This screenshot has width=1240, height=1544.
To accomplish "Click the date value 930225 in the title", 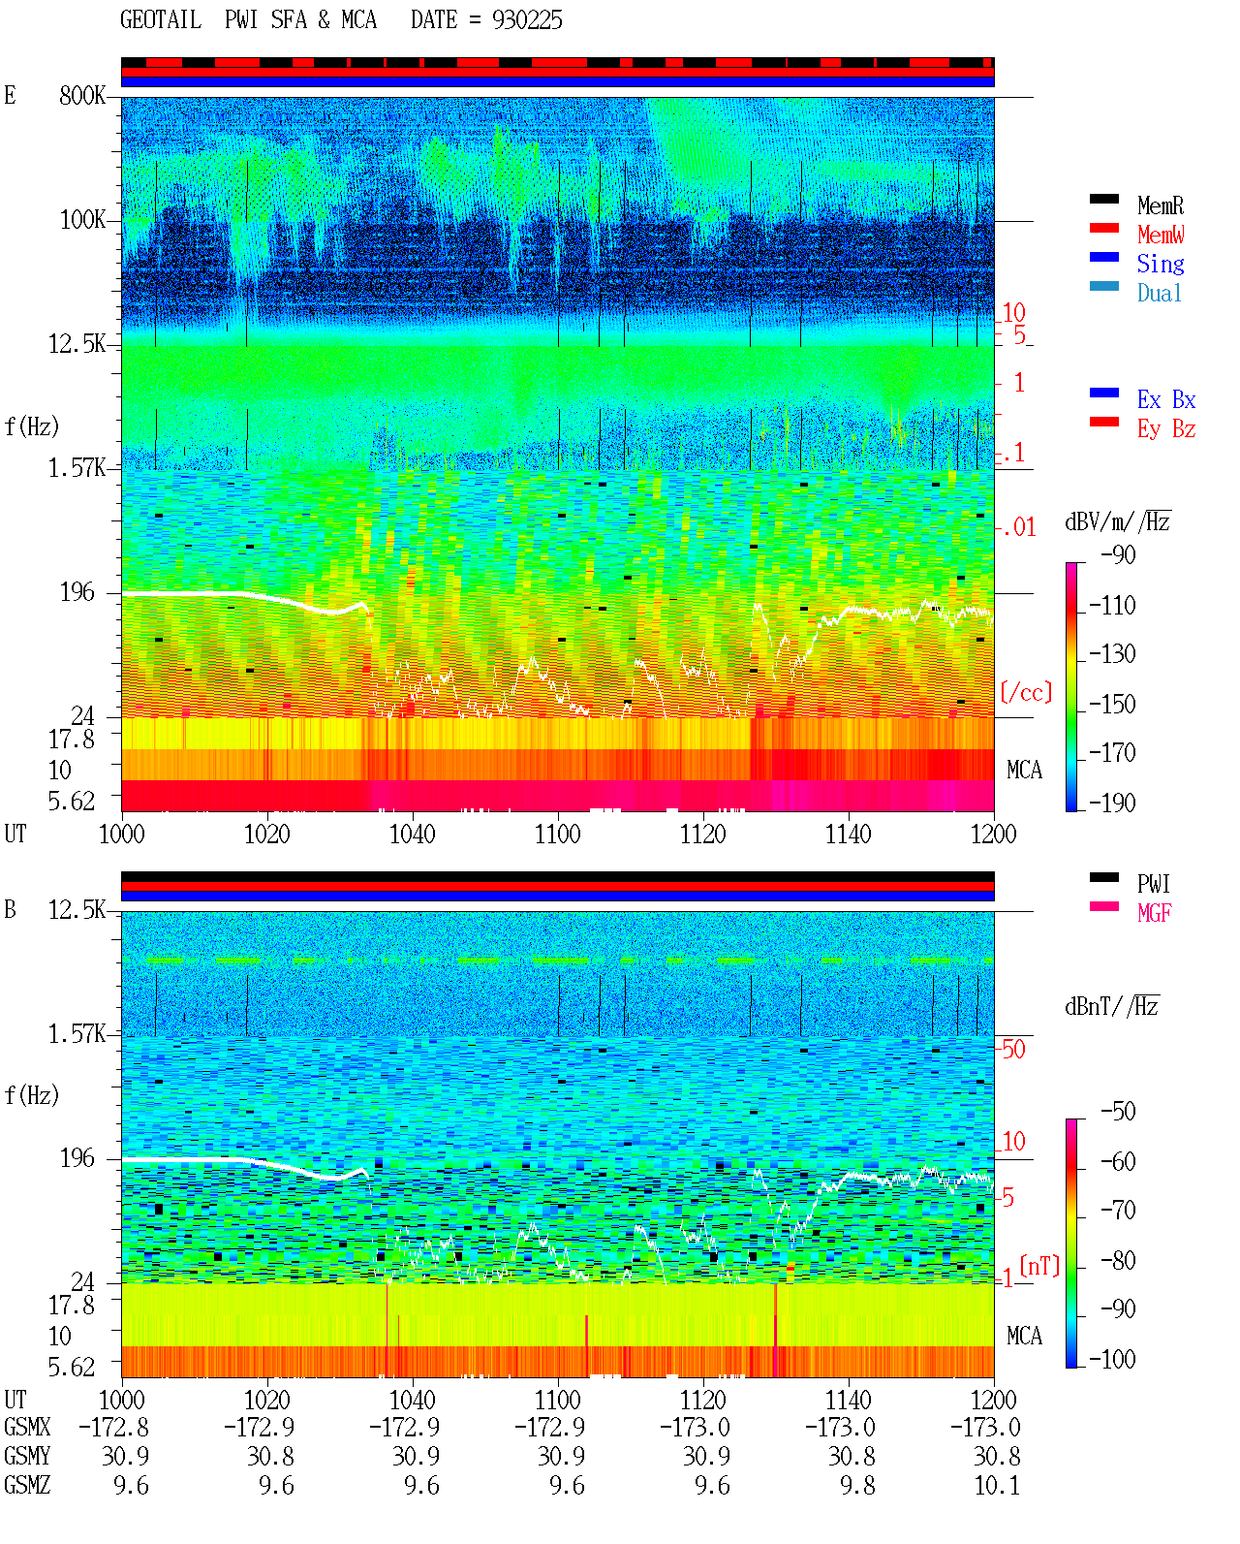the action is [x=526, y=20].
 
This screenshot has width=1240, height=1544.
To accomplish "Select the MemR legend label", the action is [x=1160, y=205].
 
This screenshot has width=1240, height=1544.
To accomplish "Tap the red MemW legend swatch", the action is [x=1103, y=228].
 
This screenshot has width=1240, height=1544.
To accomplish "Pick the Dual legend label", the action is [x=1159, y=293].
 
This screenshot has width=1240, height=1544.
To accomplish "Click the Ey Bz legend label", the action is [x=1165, y=428].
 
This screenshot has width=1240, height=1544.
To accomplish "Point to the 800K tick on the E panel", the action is [x=82, y=95].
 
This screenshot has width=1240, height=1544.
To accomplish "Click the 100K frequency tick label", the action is [x=82, y=220].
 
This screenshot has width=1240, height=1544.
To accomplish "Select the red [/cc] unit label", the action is [x=1026, y=692].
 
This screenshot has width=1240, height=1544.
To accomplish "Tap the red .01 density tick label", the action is [x=1018, y=528].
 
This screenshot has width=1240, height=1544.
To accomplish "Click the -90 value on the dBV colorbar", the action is [x=1117, y=554].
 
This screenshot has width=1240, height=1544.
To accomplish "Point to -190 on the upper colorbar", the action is [x=1111, y=803].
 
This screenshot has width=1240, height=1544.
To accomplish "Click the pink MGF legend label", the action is [x=1154, y=913].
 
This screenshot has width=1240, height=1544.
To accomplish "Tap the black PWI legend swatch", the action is [x=1103, y=877].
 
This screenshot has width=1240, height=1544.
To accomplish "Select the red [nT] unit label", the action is [x=1039, y=1266].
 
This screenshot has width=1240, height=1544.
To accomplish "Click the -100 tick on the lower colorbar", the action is [x=1111, y=1359].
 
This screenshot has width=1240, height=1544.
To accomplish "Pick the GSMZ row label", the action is [x=27, y=1485].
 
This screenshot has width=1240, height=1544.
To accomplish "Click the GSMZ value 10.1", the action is [x=997, y=1485].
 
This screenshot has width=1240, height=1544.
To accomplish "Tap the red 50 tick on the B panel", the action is [x=1013, y=1050].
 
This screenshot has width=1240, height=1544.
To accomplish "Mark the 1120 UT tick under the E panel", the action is [x=703, y=835].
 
